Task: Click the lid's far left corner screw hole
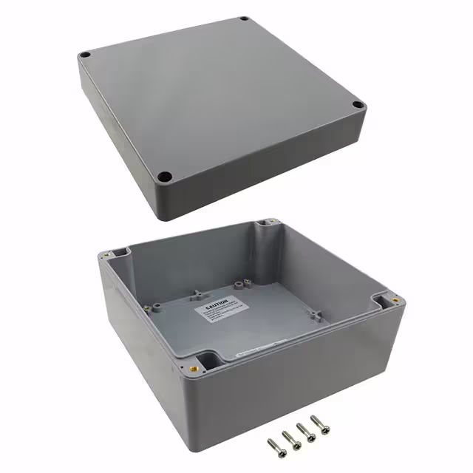click(x=86, y=55)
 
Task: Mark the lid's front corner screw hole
click(x=166, y=177)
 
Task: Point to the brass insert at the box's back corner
click(x=271, y=222)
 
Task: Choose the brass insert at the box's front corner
click(x=197, y=367)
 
